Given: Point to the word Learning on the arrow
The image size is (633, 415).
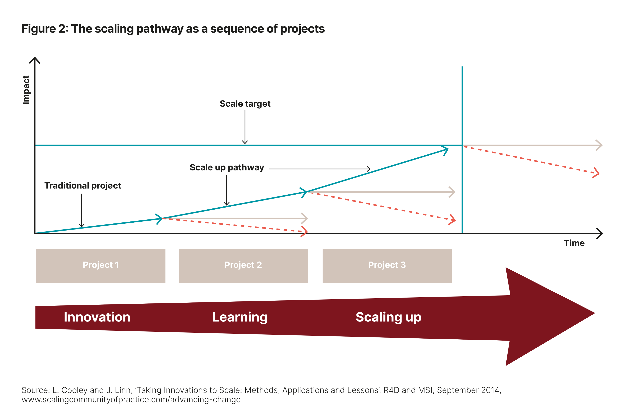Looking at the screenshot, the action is [x=240, y=317].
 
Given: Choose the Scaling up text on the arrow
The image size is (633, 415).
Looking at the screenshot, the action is [x=389, y=317].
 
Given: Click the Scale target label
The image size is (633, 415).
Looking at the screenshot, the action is [x=245, y=104].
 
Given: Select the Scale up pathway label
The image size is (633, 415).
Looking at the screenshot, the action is [x=227, y=167].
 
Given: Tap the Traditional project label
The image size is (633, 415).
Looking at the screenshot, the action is [x=83, y=185].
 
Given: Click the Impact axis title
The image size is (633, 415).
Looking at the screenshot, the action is [x=26, y=90].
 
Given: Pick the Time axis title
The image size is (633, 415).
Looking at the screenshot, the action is [x=574, y=243].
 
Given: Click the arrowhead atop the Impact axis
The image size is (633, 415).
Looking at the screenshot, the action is [x=35, y=57].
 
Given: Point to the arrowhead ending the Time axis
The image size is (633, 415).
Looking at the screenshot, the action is [x=603, y=233].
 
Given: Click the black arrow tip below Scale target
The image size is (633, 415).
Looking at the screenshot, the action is [x=245, y=144].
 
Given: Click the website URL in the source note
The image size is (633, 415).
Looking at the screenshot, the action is [x=131, y=399].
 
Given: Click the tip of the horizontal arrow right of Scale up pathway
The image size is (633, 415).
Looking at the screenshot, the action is [x=370, y=169].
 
